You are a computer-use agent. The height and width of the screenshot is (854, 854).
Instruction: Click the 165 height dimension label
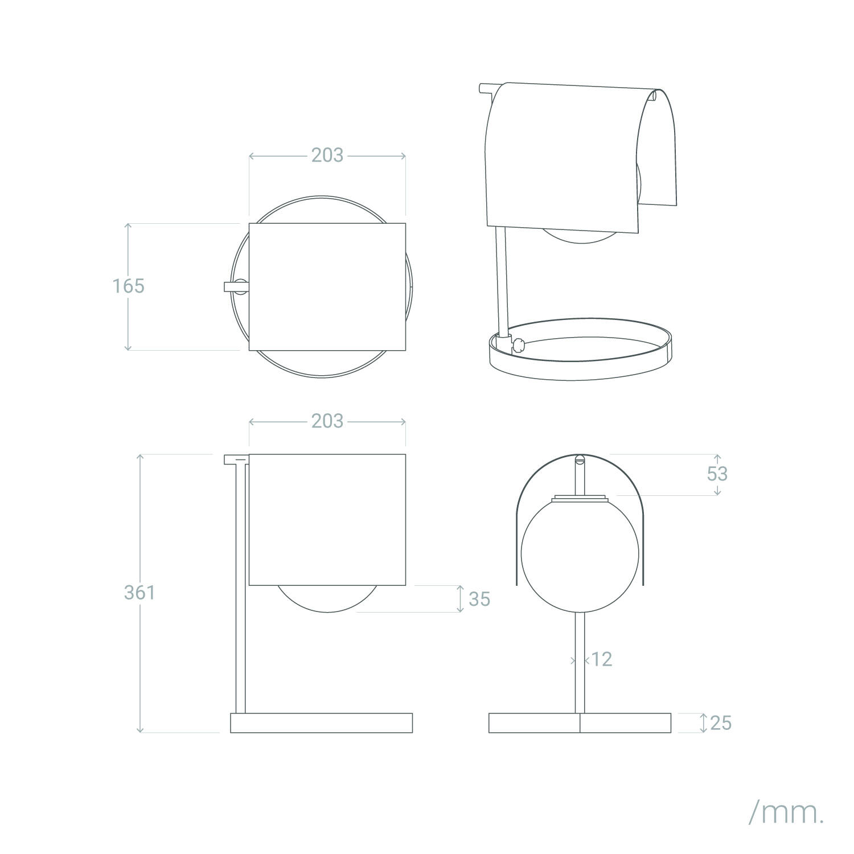click(x=128, y=286)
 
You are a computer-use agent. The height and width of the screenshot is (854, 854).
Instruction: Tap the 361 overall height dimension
click(x=139, y=593)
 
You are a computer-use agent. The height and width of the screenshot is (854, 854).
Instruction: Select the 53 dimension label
click(x=717, y=474)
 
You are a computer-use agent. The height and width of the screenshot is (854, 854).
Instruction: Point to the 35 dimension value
click(x=479, y=599)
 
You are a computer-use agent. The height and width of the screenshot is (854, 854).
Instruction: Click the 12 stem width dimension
click(x=602, y=659)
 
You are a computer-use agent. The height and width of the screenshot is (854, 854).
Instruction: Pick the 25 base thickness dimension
click(x=721, y=723)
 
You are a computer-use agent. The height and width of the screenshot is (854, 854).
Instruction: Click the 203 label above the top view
click(x=327, y=155)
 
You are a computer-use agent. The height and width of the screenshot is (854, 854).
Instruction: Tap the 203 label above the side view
click(x=327, y=421)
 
